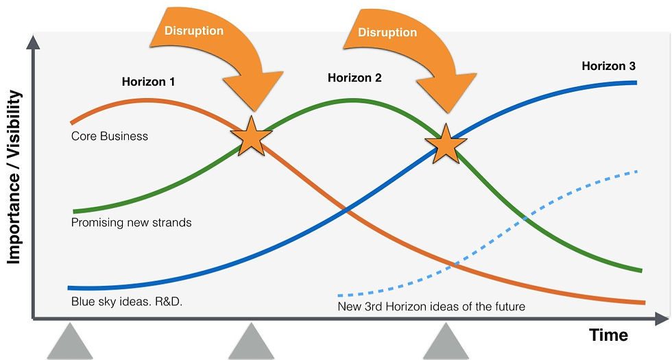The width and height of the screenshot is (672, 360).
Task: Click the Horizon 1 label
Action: pos(149,82)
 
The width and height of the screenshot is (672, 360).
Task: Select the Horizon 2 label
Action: pos(355,77)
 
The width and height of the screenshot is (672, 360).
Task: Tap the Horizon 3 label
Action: pos(608,67)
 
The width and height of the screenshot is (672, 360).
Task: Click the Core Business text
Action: pos(110,136)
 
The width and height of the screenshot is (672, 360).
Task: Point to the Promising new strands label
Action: pos(131,223)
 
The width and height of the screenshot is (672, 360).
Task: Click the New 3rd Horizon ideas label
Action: pos(431,307)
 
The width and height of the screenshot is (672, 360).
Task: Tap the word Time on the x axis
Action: pos(609,335)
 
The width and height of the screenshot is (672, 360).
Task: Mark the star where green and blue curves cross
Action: pos(446,144)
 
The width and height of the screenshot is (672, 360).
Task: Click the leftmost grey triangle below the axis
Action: pos(69,343)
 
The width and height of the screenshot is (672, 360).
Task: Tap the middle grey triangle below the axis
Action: pos(252,343)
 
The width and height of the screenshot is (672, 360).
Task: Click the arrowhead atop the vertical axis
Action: pos(32,43)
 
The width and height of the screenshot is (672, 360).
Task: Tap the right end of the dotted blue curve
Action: pos(637,171)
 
